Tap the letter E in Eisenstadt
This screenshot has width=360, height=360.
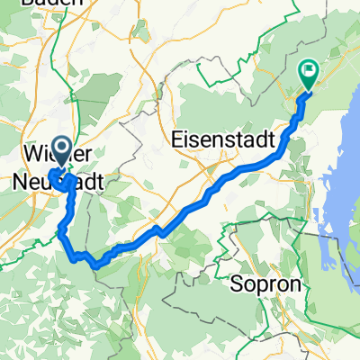[175, 140]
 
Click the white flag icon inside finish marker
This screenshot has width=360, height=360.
[310, 67]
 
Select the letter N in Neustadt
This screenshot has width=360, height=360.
[22, 181]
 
